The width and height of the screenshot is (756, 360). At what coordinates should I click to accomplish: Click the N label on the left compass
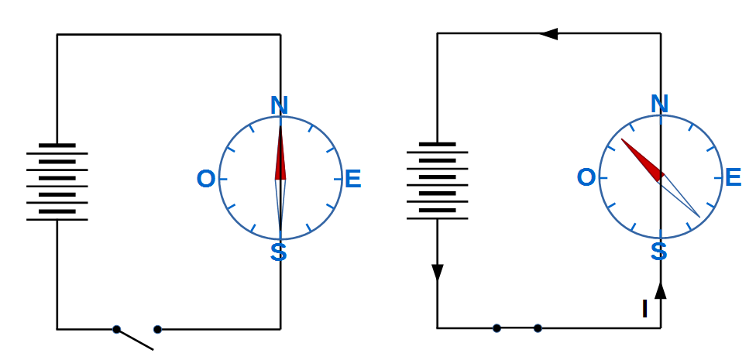280,105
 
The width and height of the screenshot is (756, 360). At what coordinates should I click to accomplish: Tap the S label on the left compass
279,252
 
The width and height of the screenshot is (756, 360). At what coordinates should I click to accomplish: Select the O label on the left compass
206,180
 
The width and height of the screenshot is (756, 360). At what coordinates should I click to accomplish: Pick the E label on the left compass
352,180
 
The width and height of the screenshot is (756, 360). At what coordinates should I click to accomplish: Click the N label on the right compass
659,103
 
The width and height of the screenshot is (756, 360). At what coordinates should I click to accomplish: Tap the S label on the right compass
658,252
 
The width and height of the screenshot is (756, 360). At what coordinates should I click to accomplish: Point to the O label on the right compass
586,178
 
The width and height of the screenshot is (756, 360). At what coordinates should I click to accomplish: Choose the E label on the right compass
732,178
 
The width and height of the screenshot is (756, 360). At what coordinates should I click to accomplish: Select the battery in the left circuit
57,182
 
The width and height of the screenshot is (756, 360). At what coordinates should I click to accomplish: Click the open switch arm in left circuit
136,340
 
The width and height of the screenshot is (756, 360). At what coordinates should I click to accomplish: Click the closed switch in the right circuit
517,327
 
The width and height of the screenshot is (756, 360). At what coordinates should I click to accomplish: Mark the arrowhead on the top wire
548,34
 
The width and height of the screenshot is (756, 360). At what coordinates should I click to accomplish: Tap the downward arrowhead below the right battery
438,273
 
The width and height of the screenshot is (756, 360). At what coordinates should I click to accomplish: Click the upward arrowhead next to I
661,290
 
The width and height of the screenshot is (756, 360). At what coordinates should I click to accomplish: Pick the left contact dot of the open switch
116,329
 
